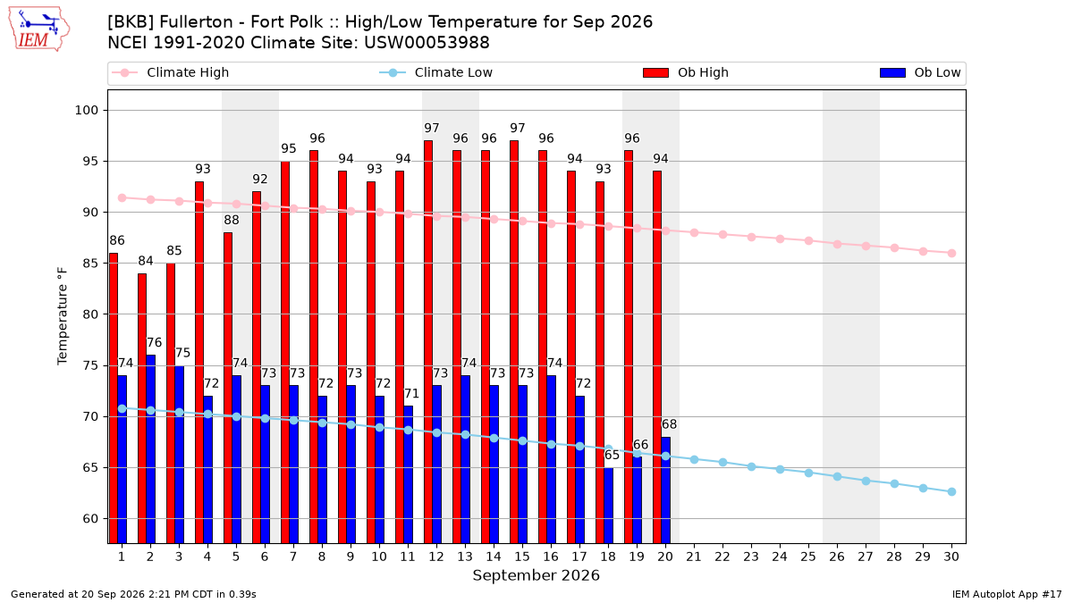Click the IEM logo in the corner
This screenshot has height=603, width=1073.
[38, 29]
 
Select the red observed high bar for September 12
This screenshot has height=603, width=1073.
[428, 341]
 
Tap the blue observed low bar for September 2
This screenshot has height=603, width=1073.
[150, 448]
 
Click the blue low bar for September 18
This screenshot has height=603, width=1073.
[608, 506]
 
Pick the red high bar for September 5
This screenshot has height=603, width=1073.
[228, 388]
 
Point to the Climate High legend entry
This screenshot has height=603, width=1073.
[170, 72]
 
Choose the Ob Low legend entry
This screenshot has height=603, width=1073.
[920, 72]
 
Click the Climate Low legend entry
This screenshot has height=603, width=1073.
[436, 72]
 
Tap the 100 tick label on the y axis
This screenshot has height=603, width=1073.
[86, 111]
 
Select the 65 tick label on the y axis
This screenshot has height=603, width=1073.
[90, 467]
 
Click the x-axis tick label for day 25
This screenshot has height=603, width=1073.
[808, 557]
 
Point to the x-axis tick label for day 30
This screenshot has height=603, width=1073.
[951, 557]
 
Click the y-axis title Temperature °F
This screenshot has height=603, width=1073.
[63, 316]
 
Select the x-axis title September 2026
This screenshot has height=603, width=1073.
[536, 575]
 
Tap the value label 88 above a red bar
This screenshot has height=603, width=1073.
[232, 220]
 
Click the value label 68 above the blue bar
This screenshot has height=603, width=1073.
[669, 424]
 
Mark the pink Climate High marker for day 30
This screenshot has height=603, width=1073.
[951, 253]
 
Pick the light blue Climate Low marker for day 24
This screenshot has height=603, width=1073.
[780, 470]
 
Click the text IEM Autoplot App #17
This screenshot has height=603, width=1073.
[1007, 594]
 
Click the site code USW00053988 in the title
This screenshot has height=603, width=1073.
[427, 43]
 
